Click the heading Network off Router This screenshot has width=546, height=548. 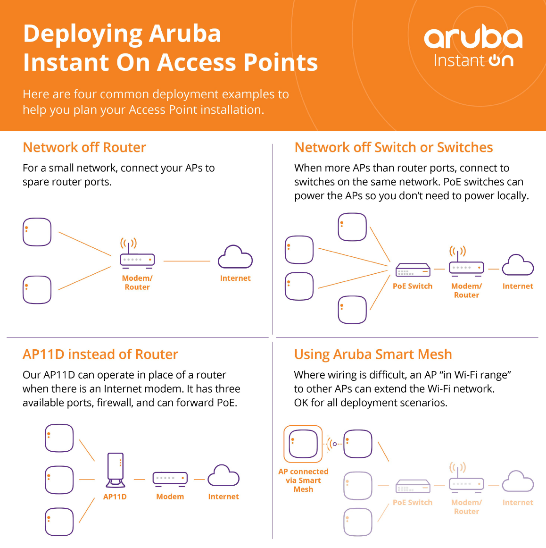pyautogui.click(x=84, y=147)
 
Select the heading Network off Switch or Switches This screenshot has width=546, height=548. pyautogui.click(x=393, y=147)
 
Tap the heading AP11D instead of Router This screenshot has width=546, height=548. pyautogui.click(x=100, y=354)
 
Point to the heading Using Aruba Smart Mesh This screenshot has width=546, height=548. pyautogui.click(x=373, y=354)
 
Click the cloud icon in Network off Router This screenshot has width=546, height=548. pyautogui.click(x=235, y=257)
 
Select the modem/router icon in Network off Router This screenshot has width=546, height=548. pyautogui.click(x=137, y=253)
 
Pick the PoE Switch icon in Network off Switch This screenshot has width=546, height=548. pyautogui.click(x=413, y=270)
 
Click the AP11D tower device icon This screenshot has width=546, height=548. pyautogui.click(x=116, y=470)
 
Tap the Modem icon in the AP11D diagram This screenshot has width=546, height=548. pyautogui.click(x=170, y=479)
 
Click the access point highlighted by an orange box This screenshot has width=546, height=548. pyautogui.click(x=303, y=444)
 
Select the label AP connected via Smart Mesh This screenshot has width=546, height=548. pyautogui.click(x=303, y=480)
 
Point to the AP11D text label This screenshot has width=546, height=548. pyautogui.click(x=115, y=497)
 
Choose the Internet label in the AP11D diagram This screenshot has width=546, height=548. pyautogui.click(x=223, y=497)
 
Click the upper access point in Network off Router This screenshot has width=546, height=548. pyautogui.click(x=37, y=232)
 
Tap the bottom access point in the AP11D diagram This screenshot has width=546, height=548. pyautogui.click(x=59, y=522)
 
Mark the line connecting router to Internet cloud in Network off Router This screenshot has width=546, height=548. pyautogui.click(x=187, y=261)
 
